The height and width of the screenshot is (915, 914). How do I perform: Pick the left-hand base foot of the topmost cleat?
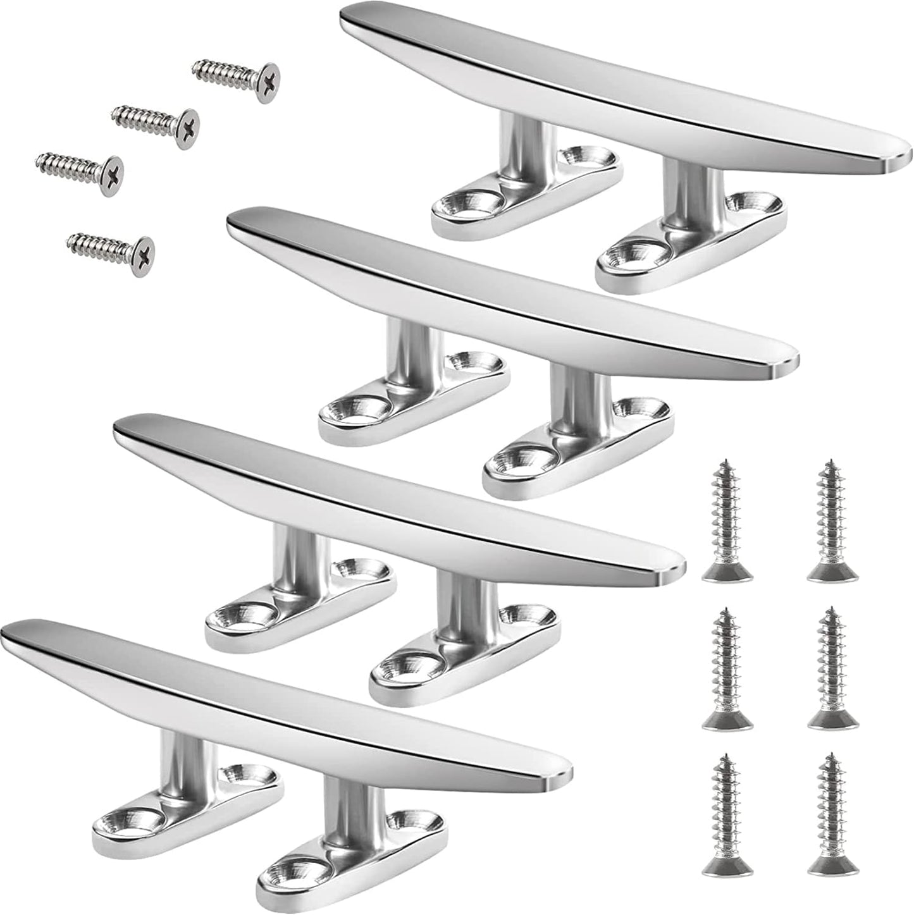click(x=525, y=196)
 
